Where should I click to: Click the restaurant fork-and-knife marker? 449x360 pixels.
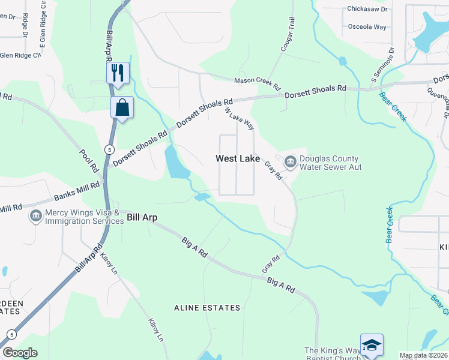pos(118,73)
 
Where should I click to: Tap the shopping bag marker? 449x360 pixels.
pos(122,108)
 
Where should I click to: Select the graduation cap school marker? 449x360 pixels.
pos(372,345)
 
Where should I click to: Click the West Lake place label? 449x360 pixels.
pos(238,159)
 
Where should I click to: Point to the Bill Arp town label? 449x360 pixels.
pos(142,217)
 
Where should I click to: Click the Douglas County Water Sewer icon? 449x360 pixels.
pos(291,161)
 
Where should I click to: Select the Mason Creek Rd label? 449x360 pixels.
pos(257,84)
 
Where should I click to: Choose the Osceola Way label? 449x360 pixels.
pos(367,27)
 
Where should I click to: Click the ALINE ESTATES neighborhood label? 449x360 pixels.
pos(206,308)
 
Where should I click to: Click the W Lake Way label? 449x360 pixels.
pos(240,119)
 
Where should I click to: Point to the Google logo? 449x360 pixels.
pos(20,353)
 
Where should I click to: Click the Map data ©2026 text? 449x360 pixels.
pos(423,355)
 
